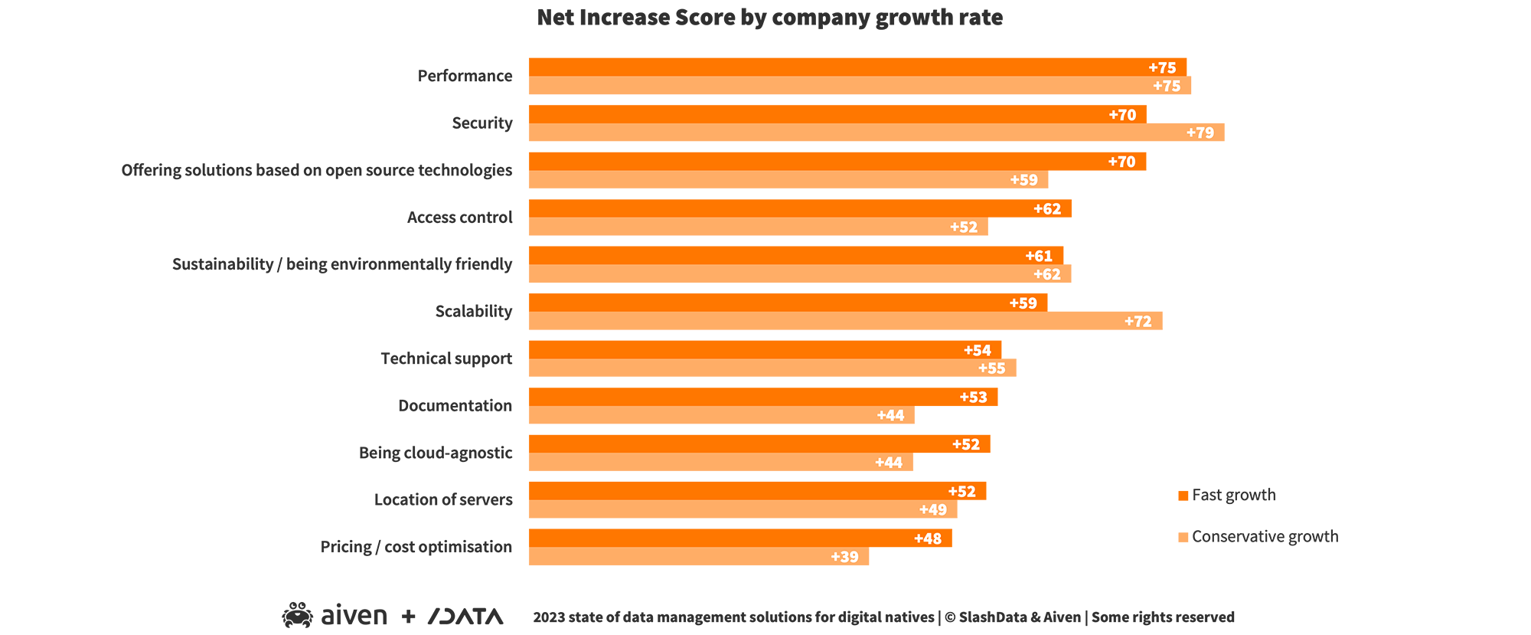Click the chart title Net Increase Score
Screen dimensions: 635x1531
click(769, 18)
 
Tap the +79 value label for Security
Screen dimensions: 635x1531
click(1200, 133)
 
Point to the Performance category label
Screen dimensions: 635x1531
click(465, 76)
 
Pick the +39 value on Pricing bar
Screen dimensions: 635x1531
click(844, 557)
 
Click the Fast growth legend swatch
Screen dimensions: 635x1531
click(1183, 496)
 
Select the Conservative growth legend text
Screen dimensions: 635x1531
click(1265, 537)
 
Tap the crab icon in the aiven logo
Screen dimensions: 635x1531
click(297, 615)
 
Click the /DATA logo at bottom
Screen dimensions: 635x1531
click(465, 617)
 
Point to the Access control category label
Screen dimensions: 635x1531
click(459, 218)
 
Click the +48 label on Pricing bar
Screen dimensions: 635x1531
click(927, 538)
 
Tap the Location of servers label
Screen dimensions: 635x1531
click(443, 500)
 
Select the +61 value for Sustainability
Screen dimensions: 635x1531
click(1039, 256)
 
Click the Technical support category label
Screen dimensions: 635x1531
click(446, 358)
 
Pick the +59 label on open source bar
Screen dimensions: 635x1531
click(1023, 180)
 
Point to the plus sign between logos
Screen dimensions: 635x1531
click(409, 616)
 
